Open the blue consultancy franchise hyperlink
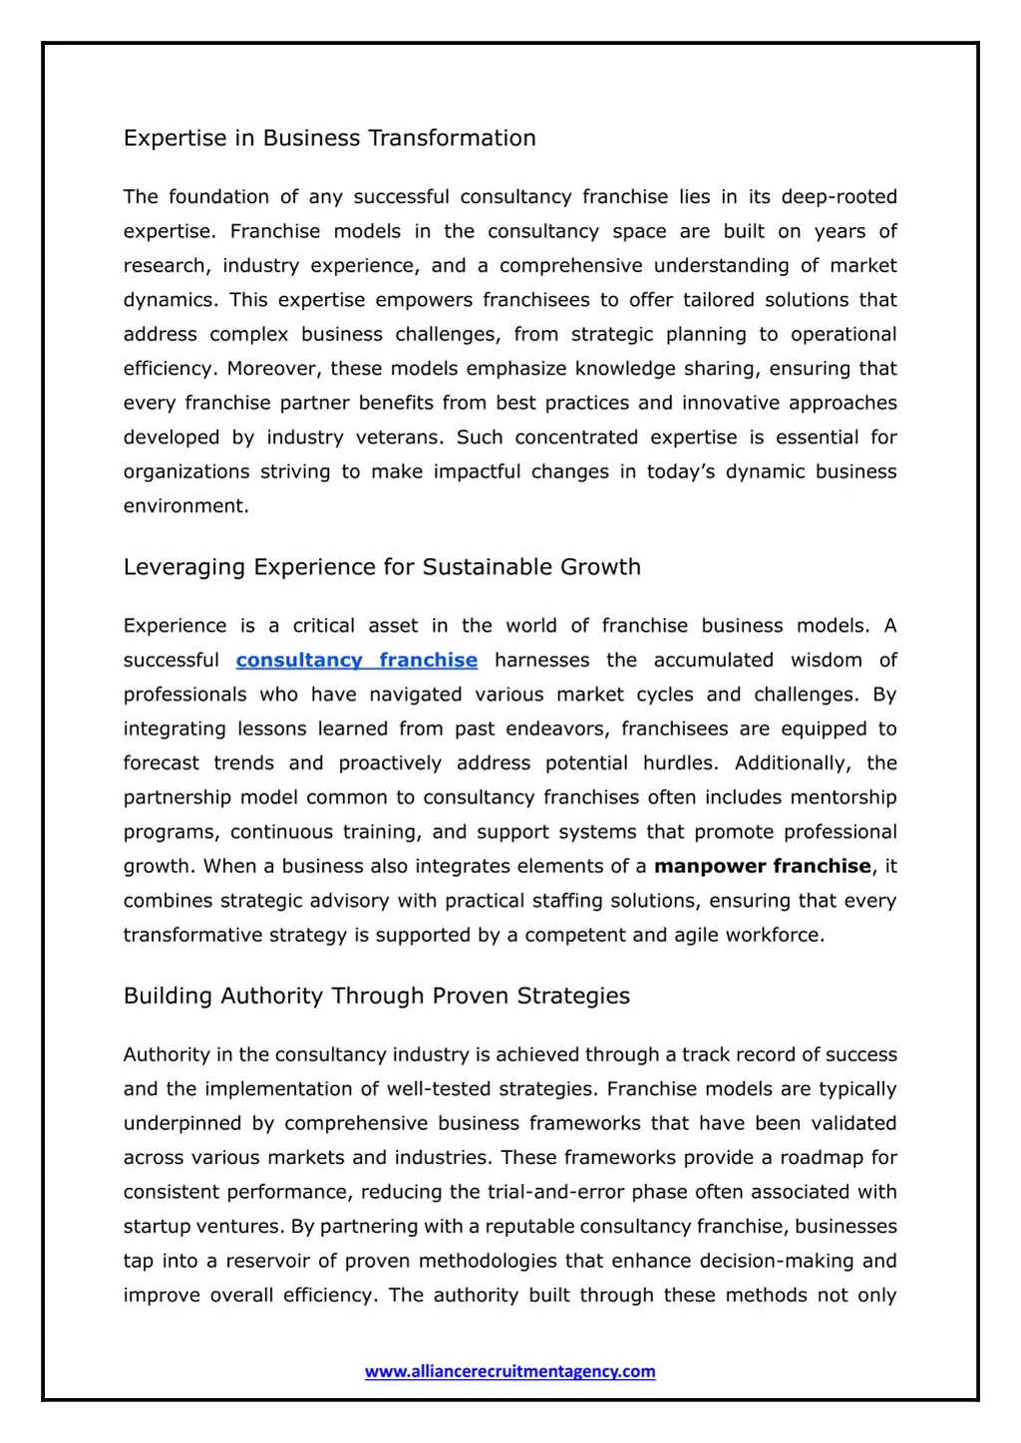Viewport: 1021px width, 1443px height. tap(356, 661)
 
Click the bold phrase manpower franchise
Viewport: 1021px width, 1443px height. tap(762, 867)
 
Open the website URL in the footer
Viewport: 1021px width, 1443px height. tap(510, 1372)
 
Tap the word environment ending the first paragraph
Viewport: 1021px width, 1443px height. tap(184, 506)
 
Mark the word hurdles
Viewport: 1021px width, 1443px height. tap(679, 763)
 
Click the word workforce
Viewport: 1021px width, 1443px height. tap(775, 936)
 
